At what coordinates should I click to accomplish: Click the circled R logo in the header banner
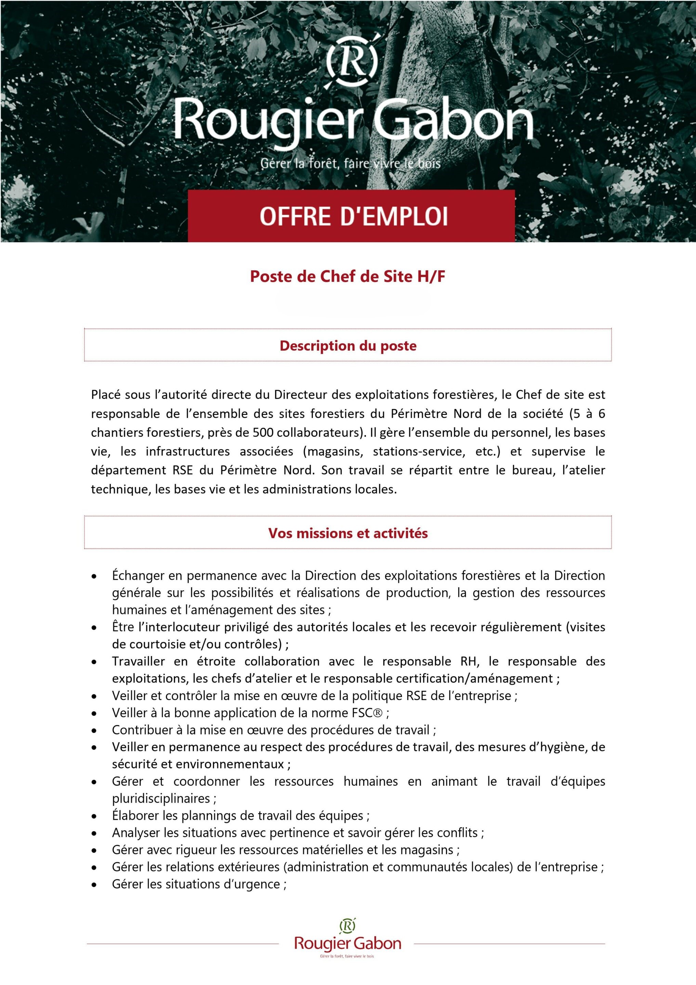click(x=352, y=62)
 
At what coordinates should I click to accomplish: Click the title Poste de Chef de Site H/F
click(x=347, y=276)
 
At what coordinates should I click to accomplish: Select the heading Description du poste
click(x=348, y=346)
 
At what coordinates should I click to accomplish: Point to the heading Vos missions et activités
click(x=348, y=533)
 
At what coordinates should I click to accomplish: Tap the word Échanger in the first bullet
click(x=138, y=576)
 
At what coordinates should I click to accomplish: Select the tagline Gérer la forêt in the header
click(x=350, y=163)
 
